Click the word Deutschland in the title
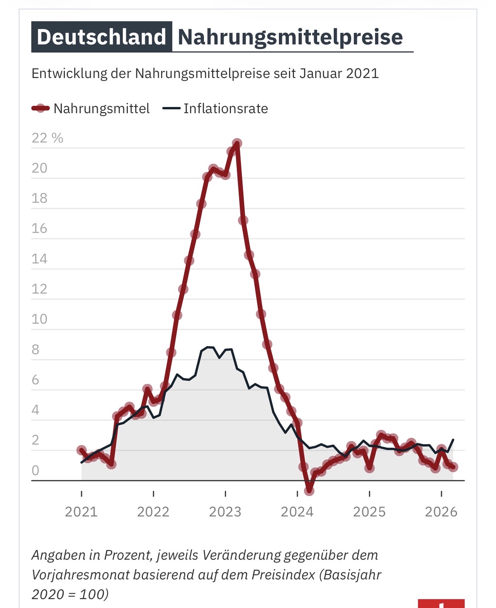pyautogui.click(x=102, y=37)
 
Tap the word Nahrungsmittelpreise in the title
pyautogui.click(x=290, y=37)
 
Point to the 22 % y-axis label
pyautogui.click(x=47, y=138)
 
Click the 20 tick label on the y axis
pyautogui.click(x=39, y=168)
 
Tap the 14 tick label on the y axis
pyautogui.click(x=39, y=259)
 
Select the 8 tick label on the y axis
pyautogui.click(x=36, y=350)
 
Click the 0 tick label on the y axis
pyautogui.click(x=36, y=470)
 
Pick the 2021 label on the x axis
pyautogui.click(x=81, y=512)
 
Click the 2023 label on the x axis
pyautogui.click(x=225, y=512)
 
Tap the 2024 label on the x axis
pyautogui.click(x=297, y=512)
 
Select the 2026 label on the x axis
pyautogui.click(x=441, y=512)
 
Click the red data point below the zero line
pyautogui.click(x=309, y=491)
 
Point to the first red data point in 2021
pyautogui.click(x=82, y=450)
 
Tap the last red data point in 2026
pyautogui.click(x=453, y=467)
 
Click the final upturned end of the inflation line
pyautogui.click(x=453, y=440)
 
